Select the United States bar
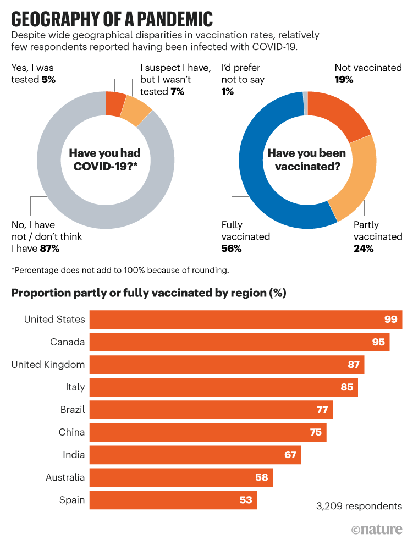pos(245,320)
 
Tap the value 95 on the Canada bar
pos(378,342)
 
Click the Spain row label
pos(72,500)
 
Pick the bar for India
pos(195,455)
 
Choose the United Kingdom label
pos(48,365)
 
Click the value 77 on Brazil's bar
pos(322,410)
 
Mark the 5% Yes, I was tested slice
pos(116,102)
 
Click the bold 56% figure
pos(232,249)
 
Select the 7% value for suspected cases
pos(177,92)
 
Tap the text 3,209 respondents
pos(359,506)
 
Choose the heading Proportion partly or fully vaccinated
pos(149,293)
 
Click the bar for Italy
pos(223,387)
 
